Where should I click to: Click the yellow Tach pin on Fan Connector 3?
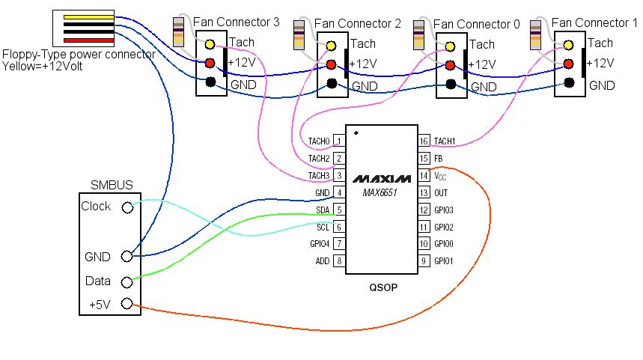click(x=211, y=45)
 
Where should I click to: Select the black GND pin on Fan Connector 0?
click(x=450, y=83)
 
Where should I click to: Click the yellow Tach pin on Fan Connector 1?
click(x=569, y=45)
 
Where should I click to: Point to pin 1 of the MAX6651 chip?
click(x=338, y=141)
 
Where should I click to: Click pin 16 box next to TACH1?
click(x=423, y=141)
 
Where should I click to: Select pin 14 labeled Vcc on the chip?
click(x=423, y=175)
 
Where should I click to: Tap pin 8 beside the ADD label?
click(x=338, y=261)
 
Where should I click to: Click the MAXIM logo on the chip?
click(x=381, y=179)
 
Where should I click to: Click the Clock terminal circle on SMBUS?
click(x=127, y=207)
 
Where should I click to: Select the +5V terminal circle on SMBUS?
click(x=127, y=304)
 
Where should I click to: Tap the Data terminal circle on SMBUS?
click(x=127, y=281)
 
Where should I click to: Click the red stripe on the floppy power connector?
click(x=88, y=39)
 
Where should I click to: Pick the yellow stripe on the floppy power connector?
click(x=88, y=16)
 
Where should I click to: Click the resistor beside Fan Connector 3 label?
click(x=179, y=32)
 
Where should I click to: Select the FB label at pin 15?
click(x=439, y=158)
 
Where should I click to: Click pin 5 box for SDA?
click(x=338, y=210)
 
